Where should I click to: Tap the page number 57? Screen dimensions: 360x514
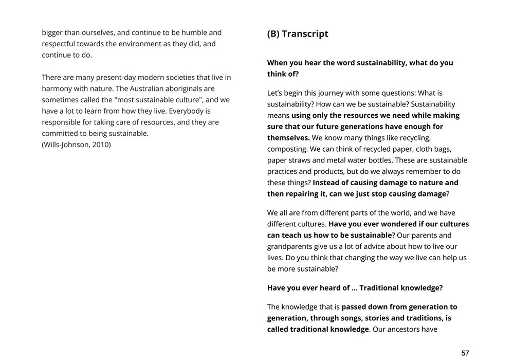pos(465,353)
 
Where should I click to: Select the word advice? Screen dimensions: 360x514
pos(381,246)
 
